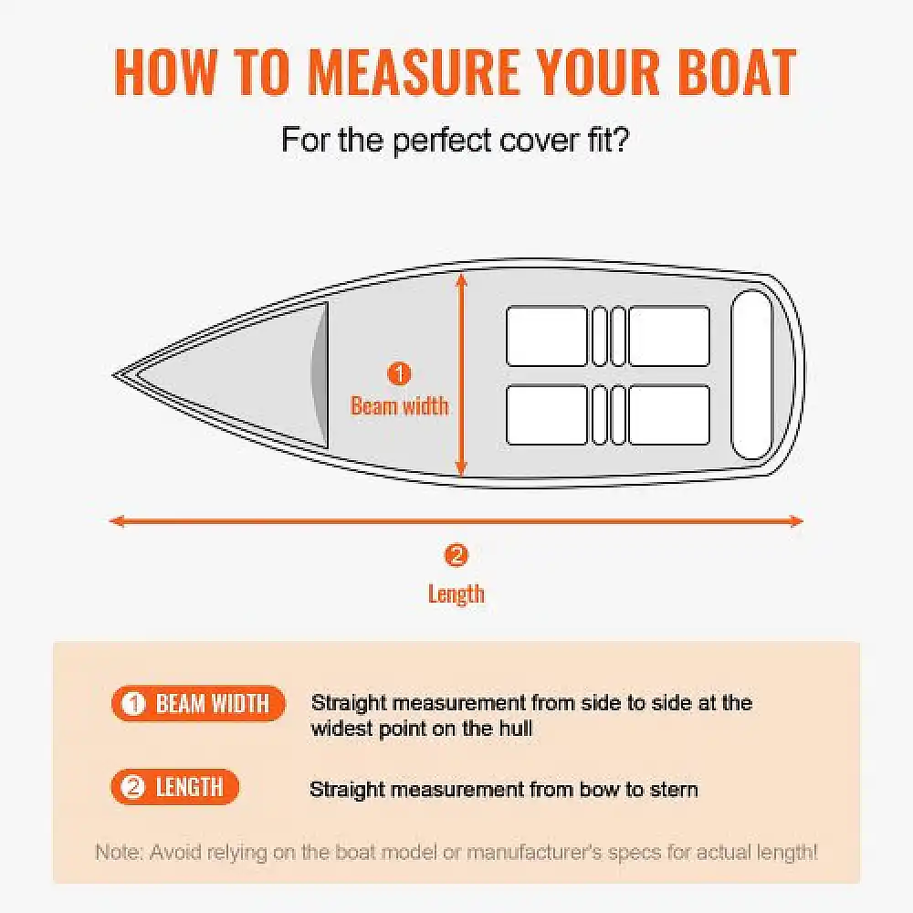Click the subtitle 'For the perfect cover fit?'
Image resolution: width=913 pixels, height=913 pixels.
click(x=456, y=141)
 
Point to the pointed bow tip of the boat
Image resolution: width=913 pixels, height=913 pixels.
click(x=113, y=375)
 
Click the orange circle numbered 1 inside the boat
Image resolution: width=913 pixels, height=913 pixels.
click(x=400, y=373)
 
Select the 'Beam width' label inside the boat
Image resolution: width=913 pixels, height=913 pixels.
click(x=400, y=406)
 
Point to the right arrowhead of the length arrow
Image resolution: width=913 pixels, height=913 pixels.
click(x=796, y=521)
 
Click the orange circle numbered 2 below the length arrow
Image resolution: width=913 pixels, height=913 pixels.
click(x=456, y=555)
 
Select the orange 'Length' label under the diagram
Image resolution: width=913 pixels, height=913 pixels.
click(x=456, y=594)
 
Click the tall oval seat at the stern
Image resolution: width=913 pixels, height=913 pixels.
click(x=751, y=375)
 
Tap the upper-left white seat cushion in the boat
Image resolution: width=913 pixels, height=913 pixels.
click(x=547, y=336)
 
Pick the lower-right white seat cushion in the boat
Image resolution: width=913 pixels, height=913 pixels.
click(x=669, y=415)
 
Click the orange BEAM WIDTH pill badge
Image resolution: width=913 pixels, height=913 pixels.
click(x=198, y=703)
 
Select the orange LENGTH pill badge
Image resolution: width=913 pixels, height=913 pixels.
click(x=175, y=787)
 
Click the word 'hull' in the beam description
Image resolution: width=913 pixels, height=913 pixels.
click(x=516, y=729)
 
